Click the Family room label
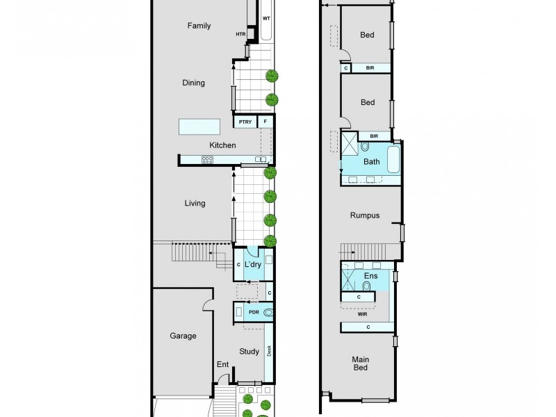(x=199, y=26)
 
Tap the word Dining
(x=193, y=83)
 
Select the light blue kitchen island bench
(x=199, y=126)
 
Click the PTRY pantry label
(x=245, y=122)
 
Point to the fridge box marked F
(x=265, y=122)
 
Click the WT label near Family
(x=266, y=19)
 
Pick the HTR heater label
(x=241, y=33)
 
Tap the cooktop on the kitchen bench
(x=207, y=160)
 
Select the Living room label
(x=195, y=204)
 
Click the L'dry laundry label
(x=252, y=264)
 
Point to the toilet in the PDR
(x=268, y=313)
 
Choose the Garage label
(x=183, y=336)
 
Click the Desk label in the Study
(x=270, y=352)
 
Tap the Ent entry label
(x=222, y=364)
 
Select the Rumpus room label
(x=365, y=215)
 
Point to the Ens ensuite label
(x=370, y=276)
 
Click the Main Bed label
(x=360, y=363)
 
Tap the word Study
(x=249, y=351)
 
